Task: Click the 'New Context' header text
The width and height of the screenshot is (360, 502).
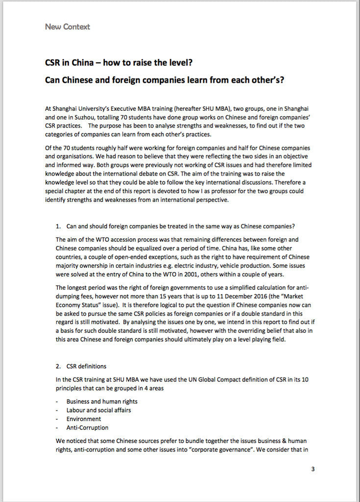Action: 67,27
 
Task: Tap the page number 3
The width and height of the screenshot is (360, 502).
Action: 313,469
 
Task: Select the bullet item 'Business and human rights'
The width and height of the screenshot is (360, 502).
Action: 98,402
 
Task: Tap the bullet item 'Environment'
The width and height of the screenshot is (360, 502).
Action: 84,419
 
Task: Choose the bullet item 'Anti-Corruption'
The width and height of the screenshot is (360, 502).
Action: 87,428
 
